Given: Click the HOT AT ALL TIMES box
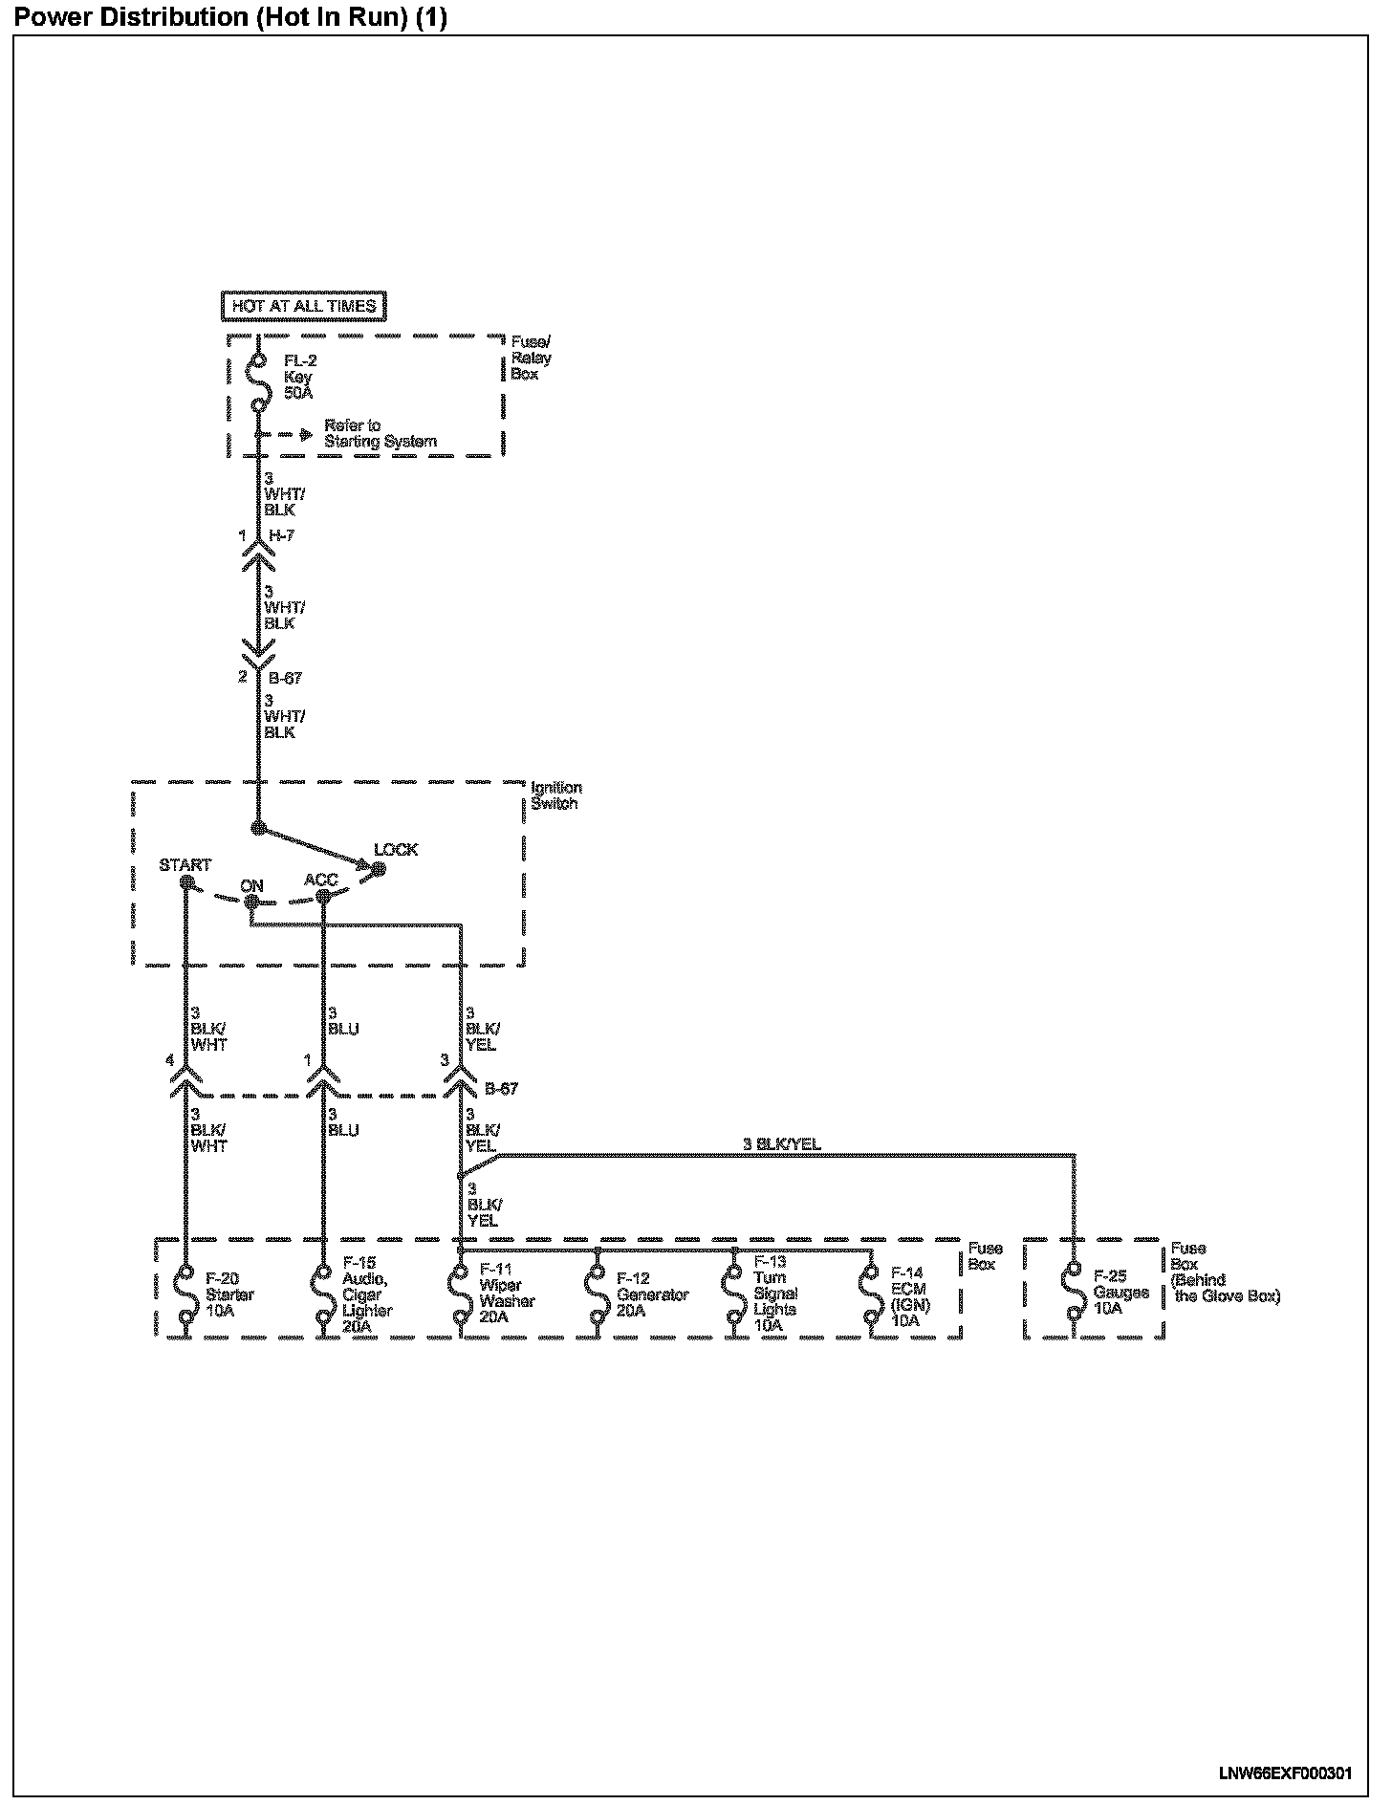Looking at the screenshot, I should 303,306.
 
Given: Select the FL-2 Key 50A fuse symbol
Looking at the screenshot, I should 256,382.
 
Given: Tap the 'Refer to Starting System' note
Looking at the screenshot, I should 380,433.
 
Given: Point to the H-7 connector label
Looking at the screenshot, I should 281,536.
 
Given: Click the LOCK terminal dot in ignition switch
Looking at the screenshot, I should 379,868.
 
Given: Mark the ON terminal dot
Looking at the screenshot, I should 250,902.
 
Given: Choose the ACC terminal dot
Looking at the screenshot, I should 322,896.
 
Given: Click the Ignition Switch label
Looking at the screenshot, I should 555,795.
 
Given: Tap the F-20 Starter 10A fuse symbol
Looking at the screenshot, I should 185,1293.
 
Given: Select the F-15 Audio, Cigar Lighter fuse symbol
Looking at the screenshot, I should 322,1293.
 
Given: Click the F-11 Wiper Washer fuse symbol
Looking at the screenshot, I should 460,1293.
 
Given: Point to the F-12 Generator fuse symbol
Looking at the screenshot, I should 598,1293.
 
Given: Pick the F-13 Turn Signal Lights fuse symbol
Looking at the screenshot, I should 734,1293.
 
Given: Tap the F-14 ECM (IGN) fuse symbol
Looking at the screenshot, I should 871,1293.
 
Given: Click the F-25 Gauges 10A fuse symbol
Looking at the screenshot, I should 1074,1293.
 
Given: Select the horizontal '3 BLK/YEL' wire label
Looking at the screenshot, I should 781,1144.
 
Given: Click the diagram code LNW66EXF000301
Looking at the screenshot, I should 1285,1772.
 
